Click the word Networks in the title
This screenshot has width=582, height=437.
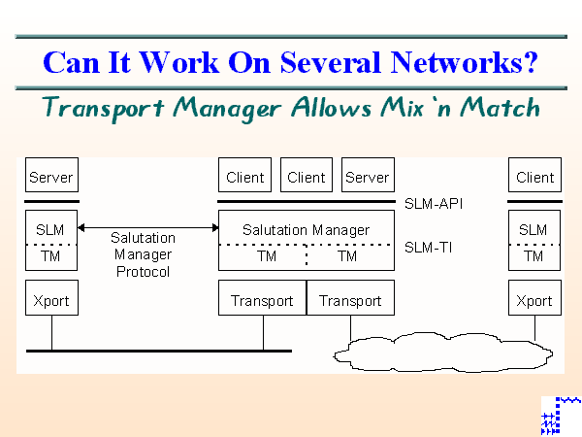point(457,62)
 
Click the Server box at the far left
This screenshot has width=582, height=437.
point(50,177)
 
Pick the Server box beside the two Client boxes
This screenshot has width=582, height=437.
point(367,177)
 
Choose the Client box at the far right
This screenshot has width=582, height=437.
point(534,177)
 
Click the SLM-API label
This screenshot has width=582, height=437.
point(435,205)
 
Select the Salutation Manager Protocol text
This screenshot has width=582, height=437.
point(143,254)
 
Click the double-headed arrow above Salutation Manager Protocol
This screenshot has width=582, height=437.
point(147,227)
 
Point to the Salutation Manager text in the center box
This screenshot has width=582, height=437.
point(306,230)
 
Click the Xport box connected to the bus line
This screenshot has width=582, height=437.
point(50,300)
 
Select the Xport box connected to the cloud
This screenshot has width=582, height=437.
point(534,300)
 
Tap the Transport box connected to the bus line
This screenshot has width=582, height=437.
point(262,300)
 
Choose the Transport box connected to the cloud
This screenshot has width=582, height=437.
point(350,300)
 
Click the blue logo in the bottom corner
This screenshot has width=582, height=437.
point(560,416)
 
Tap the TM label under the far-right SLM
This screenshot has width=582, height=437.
point(534,256)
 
